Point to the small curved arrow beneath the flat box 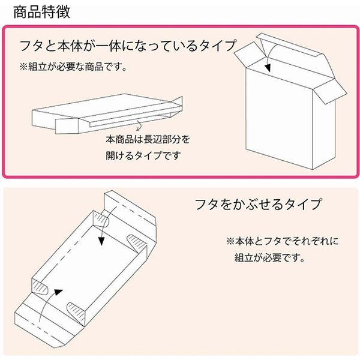[x=139, y=126]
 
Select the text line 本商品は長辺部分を [x=148, y=140]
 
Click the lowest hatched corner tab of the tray [x=77, y=311]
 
